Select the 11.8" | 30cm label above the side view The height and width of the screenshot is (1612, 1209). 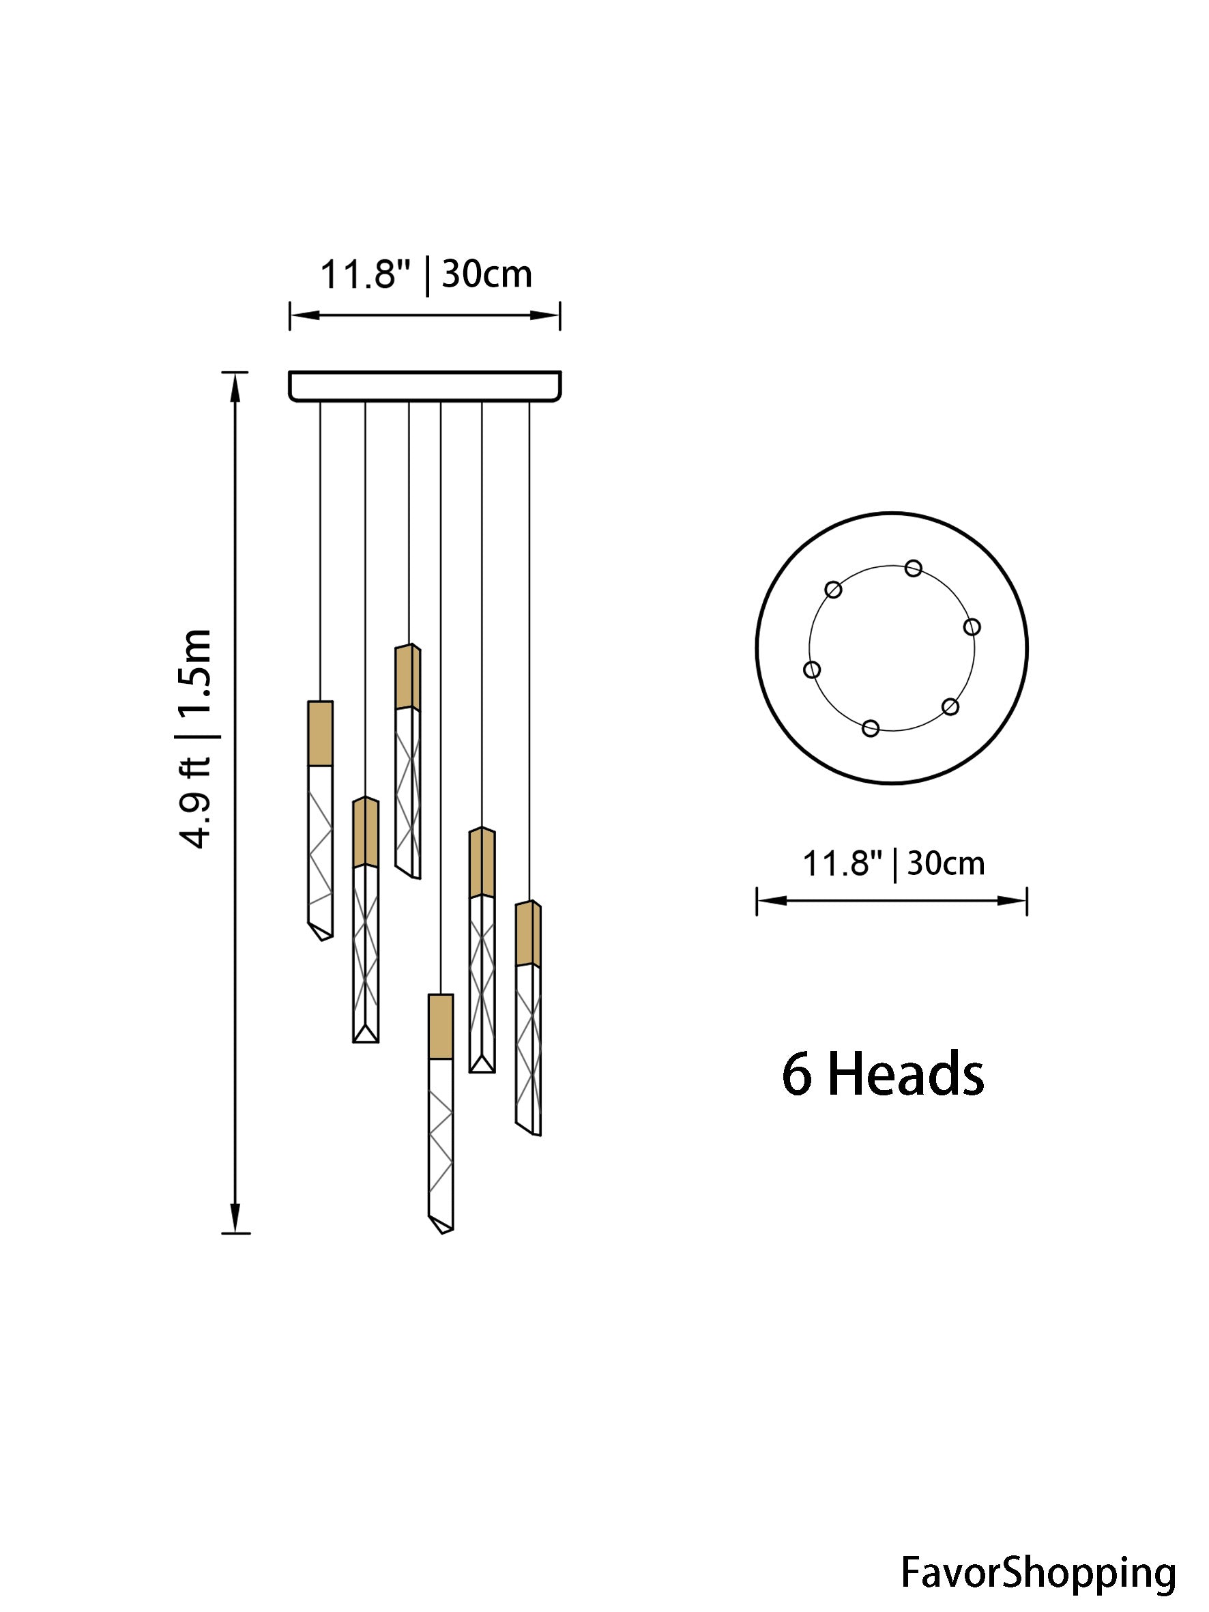(426, 276)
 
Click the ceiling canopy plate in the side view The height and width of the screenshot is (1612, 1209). (425, 386)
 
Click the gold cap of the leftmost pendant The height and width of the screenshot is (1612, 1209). (321, 733)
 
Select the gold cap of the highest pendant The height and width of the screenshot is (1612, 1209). (408, 676)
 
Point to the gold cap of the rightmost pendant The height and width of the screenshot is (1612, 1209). (528, 934)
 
